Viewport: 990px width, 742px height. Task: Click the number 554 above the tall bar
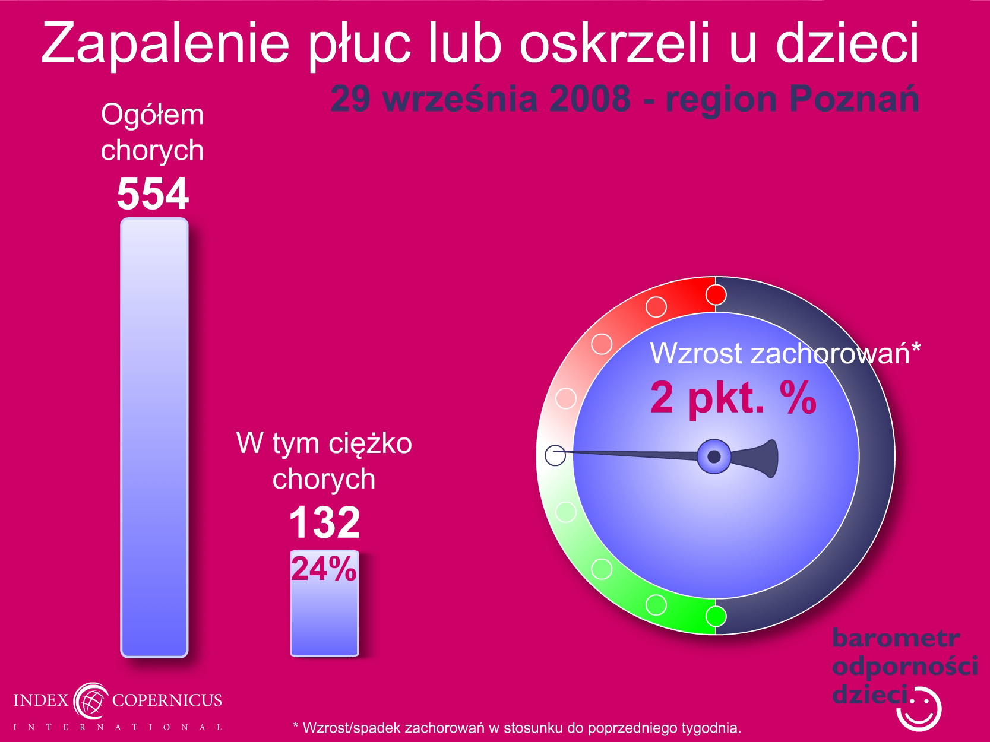tap(153, 194)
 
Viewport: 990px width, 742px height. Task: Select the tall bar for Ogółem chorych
tap(154, 437)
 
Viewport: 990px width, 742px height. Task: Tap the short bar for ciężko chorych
tap(324, 603)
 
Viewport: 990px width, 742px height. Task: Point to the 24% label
tap(324, 569)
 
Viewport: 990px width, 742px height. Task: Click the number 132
tap(324, 522)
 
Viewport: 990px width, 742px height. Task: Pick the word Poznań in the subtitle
tap(854, 99)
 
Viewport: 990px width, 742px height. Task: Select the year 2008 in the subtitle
tap(589, 99)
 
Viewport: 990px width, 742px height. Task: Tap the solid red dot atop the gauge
tap(716, 295)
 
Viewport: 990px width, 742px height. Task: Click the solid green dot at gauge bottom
tap(716, 616)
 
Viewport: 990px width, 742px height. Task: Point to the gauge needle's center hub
tap(714, 456)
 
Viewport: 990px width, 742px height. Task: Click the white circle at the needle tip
tap(555, 455)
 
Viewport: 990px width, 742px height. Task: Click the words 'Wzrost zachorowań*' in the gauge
tap(785, 353)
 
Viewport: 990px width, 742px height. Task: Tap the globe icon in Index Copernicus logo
tap(91, 701)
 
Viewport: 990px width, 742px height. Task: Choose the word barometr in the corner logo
tap(896, 638)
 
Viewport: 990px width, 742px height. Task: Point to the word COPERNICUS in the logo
tap(167, 700)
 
